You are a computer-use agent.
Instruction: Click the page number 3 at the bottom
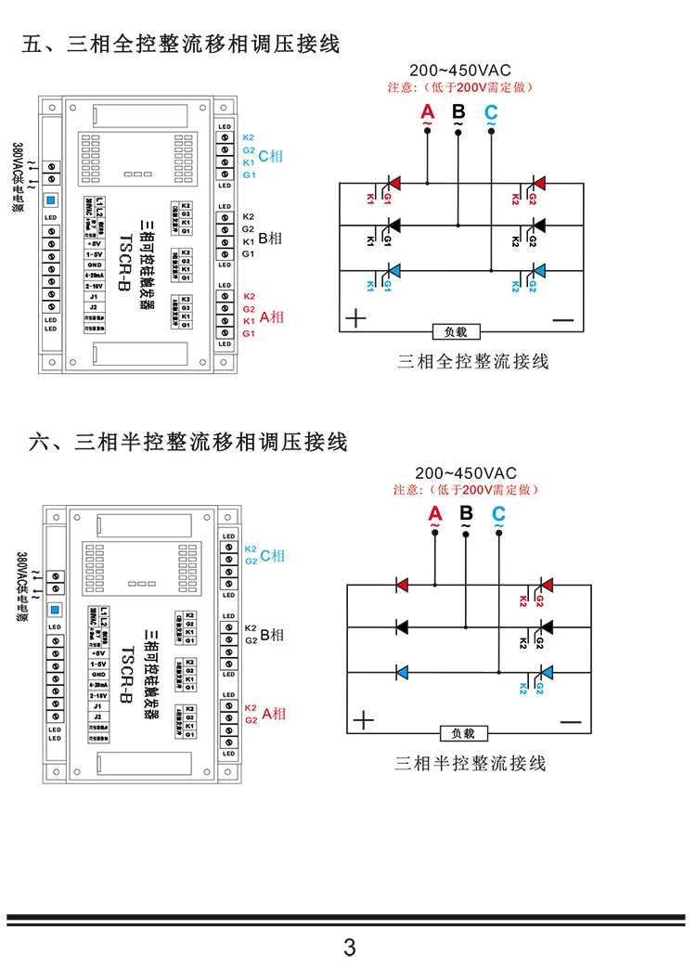coord(349,947)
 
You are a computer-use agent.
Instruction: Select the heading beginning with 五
coord(181,44)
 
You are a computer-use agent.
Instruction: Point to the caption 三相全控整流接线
coord(473,361)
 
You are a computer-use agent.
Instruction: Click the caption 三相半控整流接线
coord(470,763)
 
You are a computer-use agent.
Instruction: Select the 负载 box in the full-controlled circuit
coord(461,331)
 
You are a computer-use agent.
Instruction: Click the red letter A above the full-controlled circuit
coord(426,112)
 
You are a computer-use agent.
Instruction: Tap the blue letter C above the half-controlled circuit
coord(498,513)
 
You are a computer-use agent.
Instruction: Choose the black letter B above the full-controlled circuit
coord(458,112)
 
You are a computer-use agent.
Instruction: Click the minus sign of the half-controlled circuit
coord(569,721)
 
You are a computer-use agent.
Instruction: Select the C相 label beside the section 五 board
coord(270,156)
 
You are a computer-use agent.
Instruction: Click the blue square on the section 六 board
coord(54,609)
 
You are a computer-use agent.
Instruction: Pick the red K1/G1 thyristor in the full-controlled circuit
coord(393,182)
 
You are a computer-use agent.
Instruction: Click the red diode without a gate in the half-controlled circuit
coord(403,585)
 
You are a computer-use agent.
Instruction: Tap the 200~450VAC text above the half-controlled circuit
coord(465,472)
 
